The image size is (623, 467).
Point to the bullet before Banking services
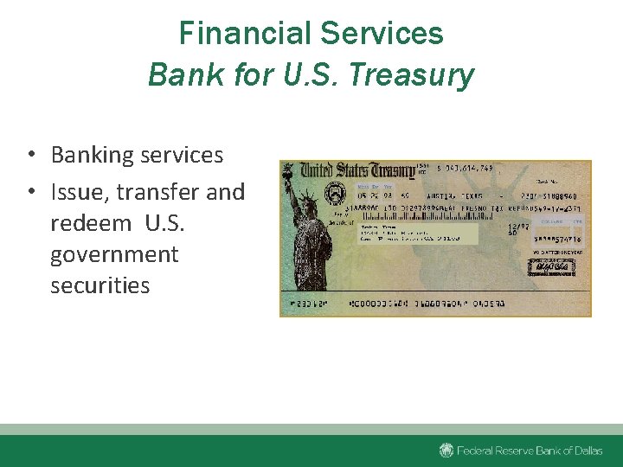click(30, 156)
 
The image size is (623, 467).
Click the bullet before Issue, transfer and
click(30, 192)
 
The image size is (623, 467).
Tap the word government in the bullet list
click(114, 254)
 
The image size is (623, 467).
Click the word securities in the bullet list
click(100, 285)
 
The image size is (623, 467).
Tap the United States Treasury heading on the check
click(359, 170)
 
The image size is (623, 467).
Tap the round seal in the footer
click(446, 451)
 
